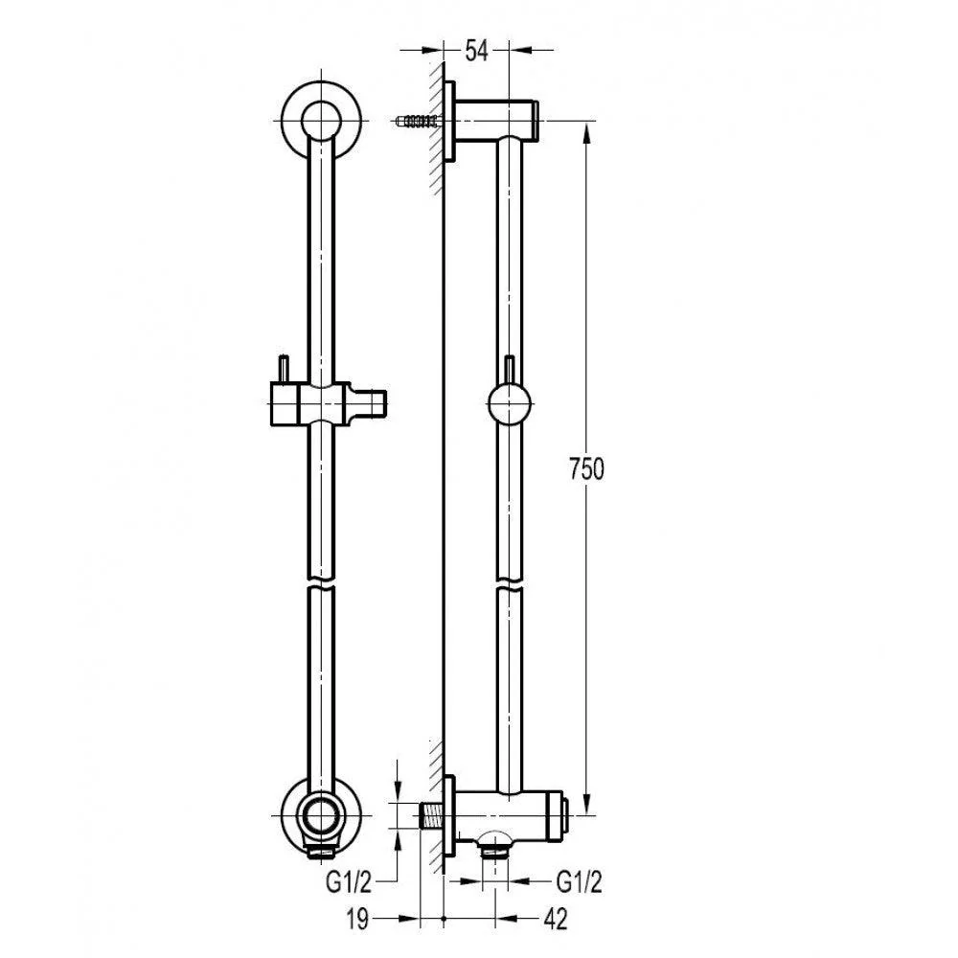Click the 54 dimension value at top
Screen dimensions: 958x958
tap(476, 50)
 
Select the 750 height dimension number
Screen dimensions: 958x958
tap(586, 469)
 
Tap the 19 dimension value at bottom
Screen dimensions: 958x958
tap(357, 919)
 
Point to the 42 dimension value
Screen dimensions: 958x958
tap(556, 919)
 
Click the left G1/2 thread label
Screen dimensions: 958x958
tap(349, 882)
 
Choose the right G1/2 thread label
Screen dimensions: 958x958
tap(580, 882)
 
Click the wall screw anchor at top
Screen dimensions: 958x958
tap(418, 121)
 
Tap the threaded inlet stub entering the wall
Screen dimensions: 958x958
tap(432, 815)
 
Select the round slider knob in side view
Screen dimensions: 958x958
tap(509, 403)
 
